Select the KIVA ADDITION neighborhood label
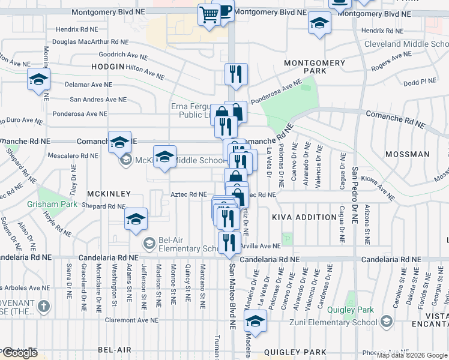[x=304, y=217]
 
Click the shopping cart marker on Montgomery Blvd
[x=209, y=14]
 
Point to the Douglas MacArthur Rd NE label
[x=91, y=42]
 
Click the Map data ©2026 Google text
[x=411, y=355]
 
